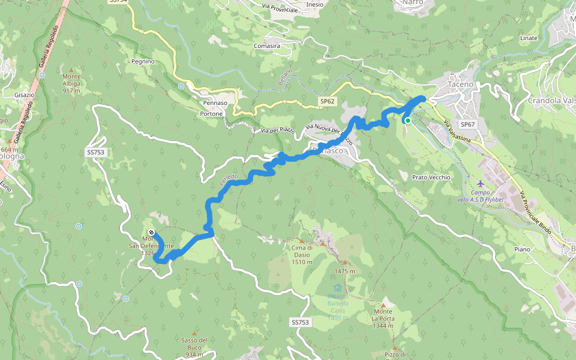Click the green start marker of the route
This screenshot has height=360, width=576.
pos(407,121)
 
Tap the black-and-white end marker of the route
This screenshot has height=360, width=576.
pos(151,233)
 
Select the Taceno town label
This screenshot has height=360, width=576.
pos(460,85)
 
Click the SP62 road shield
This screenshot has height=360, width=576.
pos(326,101)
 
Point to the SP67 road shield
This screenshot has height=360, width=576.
pos(468,124)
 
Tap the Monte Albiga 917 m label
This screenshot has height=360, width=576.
pos(71,83)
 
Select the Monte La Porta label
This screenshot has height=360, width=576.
pos(383,318)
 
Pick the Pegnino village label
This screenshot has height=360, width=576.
pos(143,61)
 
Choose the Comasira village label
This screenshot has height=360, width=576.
pos(267,46)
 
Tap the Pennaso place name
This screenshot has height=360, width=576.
pos(215,103)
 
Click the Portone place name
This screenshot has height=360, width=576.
pos(211,113)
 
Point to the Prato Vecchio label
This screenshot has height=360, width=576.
pos(431,178)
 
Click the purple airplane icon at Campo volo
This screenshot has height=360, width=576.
pos(481,184)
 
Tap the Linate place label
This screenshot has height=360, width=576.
pos(529,38)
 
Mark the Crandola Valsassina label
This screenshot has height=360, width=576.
pos(551,101)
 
